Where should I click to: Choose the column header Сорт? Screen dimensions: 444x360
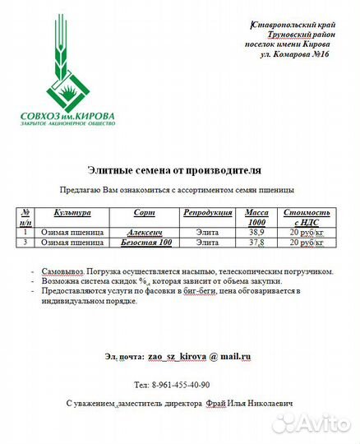[144, 213]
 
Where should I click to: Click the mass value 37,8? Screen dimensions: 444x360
[256, 243]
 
